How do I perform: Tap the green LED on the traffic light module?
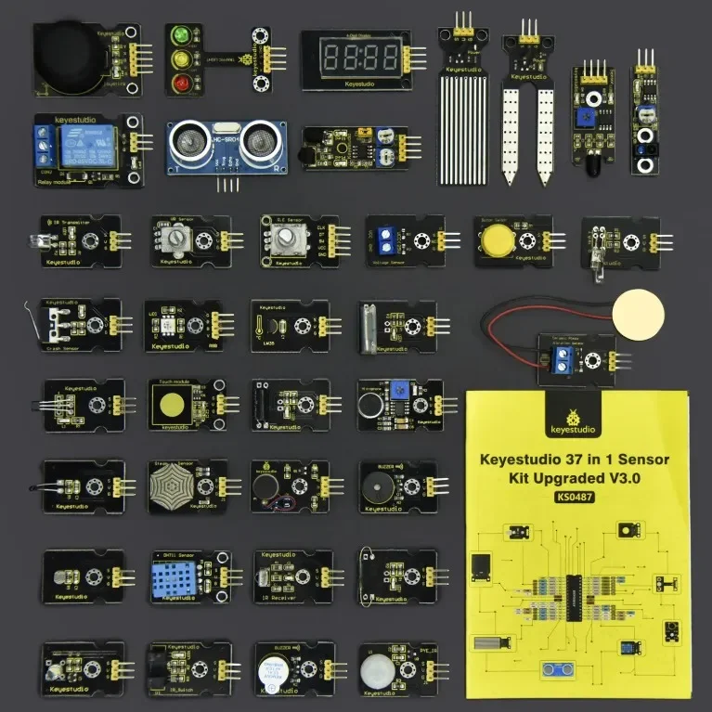tap(178, 35)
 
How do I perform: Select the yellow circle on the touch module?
tap(173, 405)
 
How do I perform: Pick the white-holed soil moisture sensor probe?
tap(522, 125)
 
